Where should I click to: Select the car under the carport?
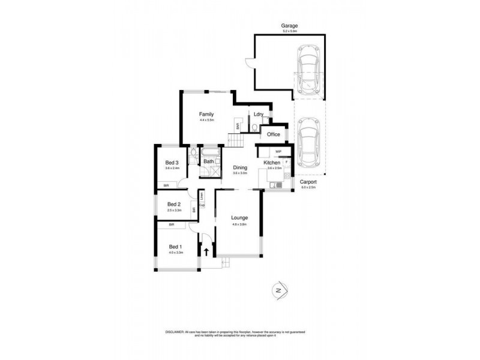coord(308,143)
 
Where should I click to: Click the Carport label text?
coord(308,182)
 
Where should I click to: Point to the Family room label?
coord(207,115)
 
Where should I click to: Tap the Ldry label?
coord(259,114)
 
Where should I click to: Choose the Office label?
coord(274,134)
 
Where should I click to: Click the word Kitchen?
coord(272,163)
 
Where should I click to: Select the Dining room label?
coord(240,168)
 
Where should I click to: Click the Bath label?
coord(209,161)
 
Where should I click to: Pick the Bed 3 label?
coord(172,163)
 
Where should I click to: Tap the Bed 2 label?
coord(174,204)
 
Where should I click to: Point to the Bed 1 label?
coord(175,247)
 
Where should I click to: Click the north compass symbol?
coord(277,289)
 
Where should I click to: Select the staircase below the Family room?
coord(234,140)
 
